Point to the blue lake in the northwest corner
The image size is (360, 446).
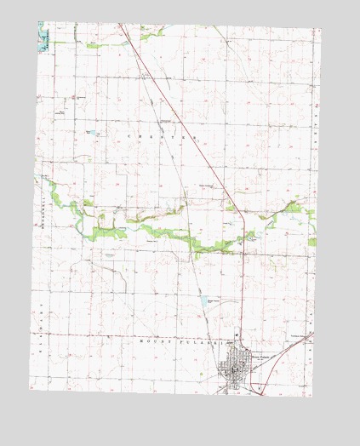[x=43, y=40]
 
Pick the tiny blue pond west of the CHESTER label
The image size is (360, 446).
[x=92, y=133]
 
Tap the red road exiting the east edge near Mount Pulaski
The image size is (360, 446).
[x=311, y=333]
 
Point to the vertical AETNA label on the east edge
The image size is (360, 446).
[x=315, y=119]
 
